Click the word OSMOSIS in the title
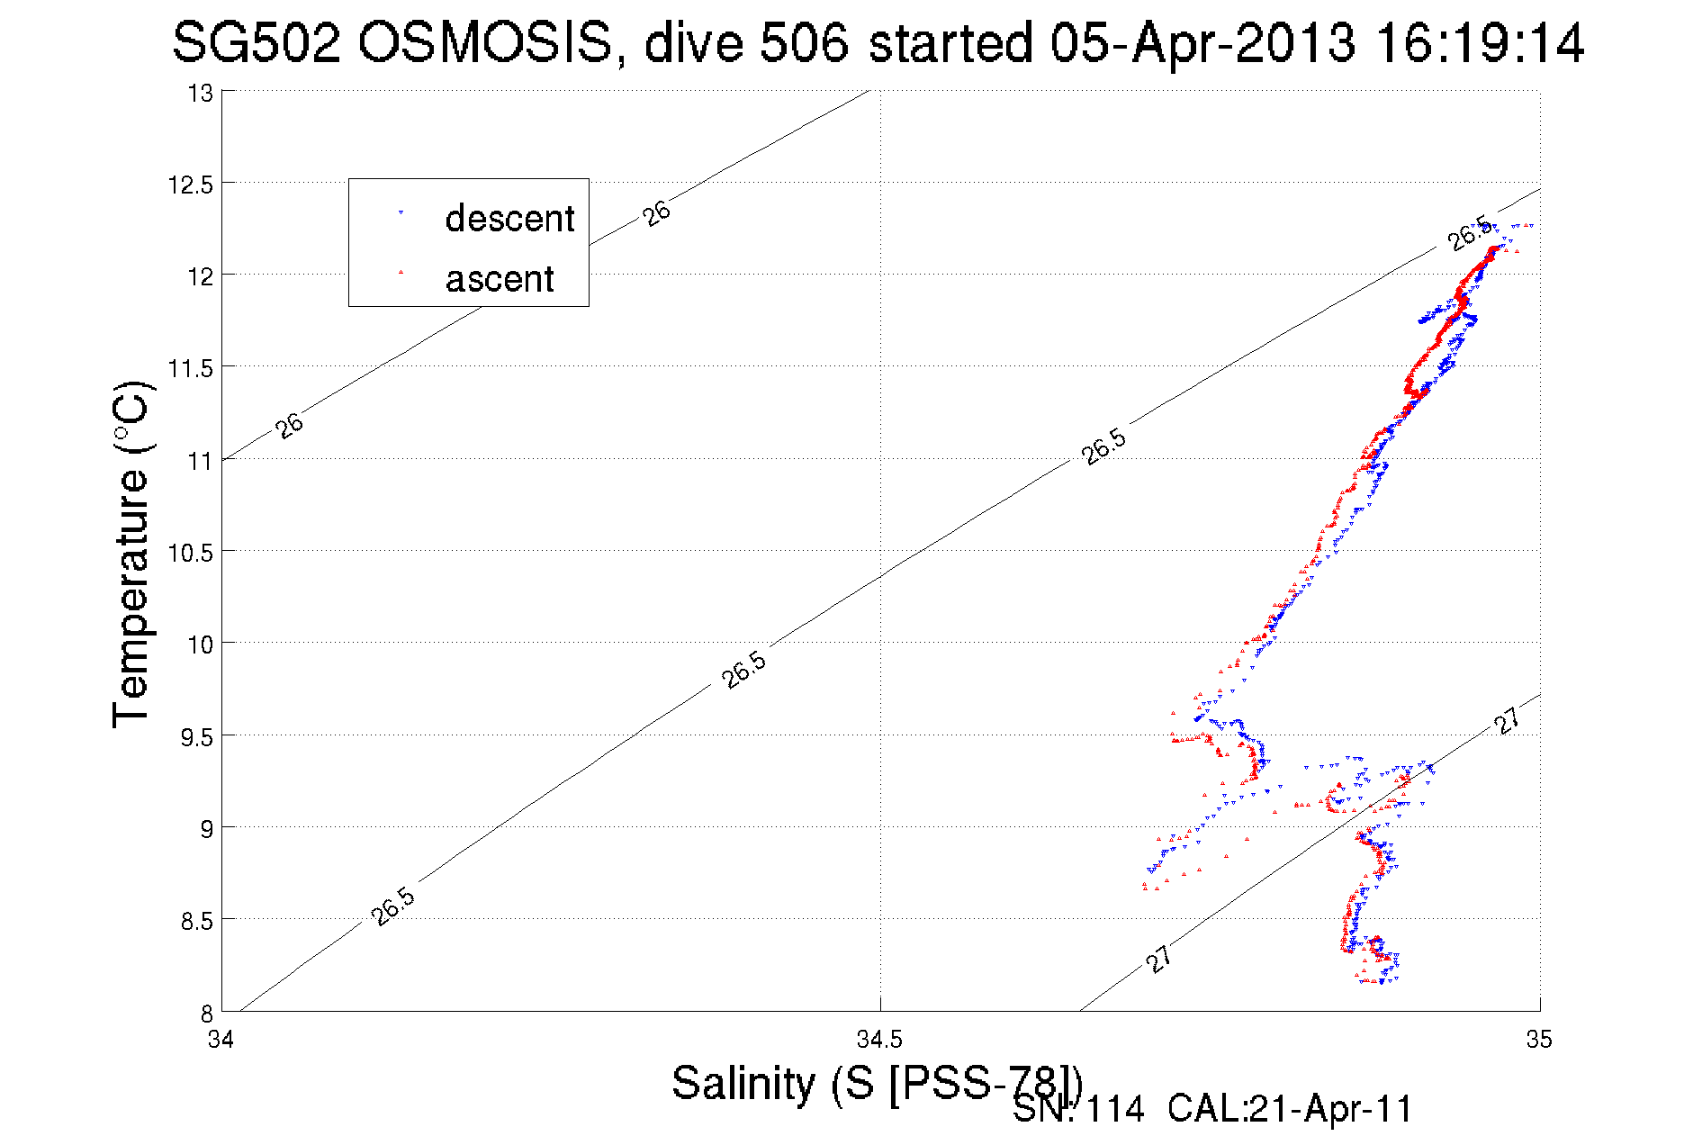tap(485, 43)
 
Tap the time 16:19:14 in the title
tap(1480, 43)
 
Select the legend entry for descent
tap(509, 219)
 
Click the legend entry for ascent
tap(500, 279)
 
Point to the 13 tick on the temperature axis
tap(201, 94)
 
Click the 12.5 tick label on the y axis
tap(191, 185)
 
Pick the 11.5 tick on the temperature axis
tap(191, 368)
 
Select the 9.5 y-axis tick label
tap(196, 737)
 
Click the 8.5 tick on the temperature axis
tap(196, 921)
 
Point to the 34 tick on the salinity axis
tap(221, 1040)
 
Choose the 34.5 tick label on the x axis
tap(878, 1040)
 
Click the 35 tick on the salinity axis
tap(1539, 1040)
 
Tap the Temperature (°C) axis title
tap(131, 554)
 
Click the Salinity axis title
tap(876, 1083)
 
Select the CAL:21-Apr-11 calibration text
tap(1290, 1109)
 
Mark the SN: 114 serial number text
tap(1078, 1109)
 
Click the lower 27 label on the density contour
tap(1159, 959)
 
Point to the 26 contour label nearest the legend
tap(657, 213)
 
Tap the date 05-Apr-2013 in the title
tap(1202, 43)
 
